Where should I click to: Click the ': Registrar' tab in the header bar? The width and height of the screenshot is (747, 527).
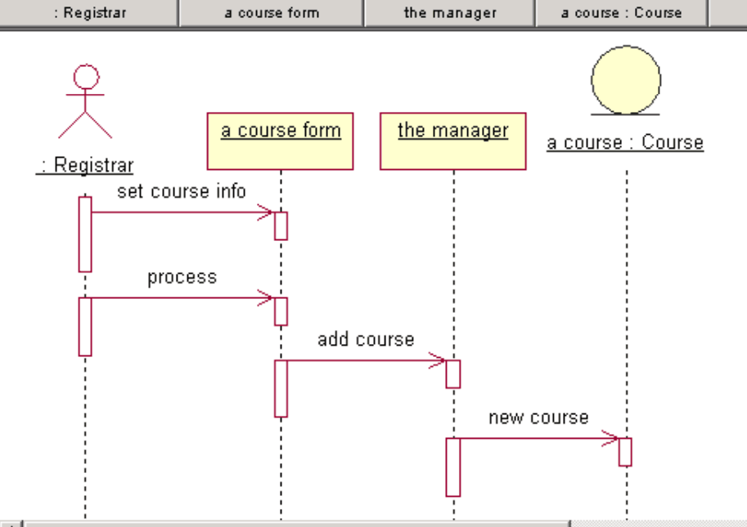coord(89,13)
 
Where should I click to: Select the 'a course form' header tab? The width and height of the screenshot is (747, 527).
coord(272,13)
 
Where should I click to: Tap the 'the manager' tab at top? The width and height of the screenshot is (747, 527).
coord(450,13)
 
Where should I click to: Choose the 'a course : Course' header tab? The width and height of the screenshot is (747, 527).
coord(621,13)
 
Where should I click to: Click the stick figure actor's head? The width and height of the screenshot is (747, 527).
coord(86,78)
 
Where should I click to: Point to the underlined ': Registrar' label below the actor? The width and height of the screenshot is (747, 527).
coord(85,165)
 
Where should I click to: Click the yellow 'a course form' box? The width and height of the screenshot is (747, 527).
coord(281,141)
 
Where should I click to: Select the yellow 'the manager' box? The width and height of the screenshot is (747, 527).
coord(452,141)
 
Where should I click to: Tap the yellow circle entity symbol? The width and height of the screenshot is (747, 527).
coord(626,80)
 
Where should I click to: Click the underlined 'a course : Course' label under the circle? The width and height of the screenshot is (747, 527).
coord(625,143)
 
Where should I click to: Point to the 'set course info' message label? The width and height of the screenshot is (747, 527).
coord(182,191)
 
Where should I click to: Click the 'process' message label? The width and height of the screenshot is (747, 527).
coord(182,277)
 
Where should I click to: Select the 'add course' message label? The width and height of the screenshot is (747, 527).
coord(366,339)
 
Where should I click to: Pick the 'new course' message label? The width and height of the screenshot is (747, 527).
coord(538,418)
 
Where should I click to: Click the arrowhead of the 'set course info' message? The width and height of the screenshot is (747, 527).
coord(267,212)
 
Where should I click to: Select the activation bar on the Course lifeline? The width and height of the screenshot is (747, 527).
coord(625,452)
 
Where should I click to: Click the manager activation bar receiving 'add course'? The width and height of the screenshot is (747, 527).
coord(452,373)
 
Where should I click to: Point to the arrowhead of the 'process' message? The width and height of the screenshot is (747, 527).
coord(267,298)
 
